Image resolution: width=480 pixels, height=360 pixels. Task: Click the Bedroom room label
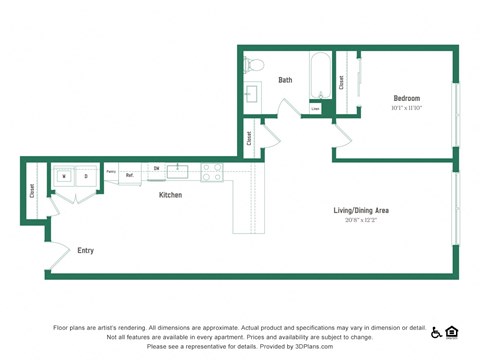pyautogui.click(x=407, y=98)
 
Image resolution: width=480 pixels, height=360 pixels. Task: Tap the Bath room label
pyautogui.click(x=285, y=80)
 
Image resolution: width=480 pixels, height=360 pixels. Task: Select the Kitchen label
pyautogui.click(x=171, y=195)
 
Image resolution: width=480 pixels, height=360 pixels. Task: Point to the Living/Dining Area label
pyautogui.click(x=361, y=210)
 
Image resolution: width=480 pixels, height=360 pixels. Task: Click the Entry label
pyautogui.click(x=86, y=250)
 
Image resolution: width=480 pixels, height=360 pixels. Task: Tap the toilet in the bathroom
pyautogui.click(x=254, y=65)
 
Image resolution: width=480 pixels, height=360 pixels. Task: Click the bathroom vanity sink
pyautogui.click(x=251, y=94)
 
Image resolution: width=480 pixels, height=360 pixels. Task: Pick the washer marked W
pyautogui.click(x=65, y=176)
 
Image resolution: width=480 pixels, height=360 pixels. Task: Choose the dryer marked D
pyautogui.click(x=86, y=176)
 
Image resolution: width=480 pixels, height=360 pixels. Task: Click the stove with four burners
pyautogui.click(x=211, y=172)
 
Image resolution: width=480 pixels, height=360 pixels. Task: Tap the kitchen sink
pyautogui.click(x=180, y=169)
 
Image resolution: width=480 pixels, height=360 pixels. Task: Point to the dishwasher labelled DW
pyautogui.click(x=156, y=169)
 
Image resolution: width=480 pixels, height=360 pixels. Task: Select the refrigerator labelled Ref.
pyautogui.click(x=130, y=174)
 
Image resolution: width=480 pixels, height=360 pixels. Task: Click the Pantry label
pyautogui.click(x=111, y=171)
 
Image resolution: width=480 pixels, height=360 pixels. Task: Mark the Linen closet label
pyautogui.click(x=315, y=108)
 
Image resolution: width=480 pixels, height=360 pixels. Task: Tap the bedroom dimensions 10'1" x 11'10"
pyautogui.click(x=407, y=108)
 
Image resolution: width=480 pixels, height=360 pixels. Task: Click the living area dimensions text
pyautogui.click(x=361, y=220)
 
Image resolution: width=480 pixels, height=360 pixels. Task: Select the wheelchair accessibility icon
pyautogui.click(x=436, y=333)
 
